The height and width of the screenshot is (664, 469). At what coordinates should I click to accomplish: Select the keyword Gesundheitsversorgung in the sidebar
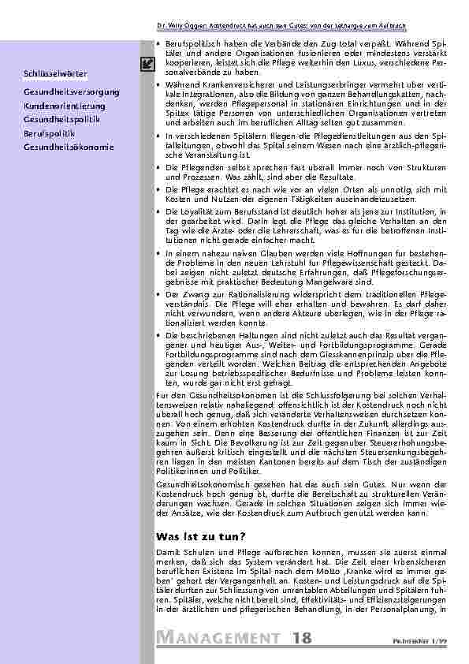(72, 92)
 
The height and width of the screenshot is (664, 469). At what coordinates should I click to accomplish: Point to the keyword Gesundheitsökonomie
(69, 147)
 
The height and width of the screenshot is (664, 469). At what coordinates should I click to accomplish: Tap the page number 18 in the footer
(301, 637)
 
